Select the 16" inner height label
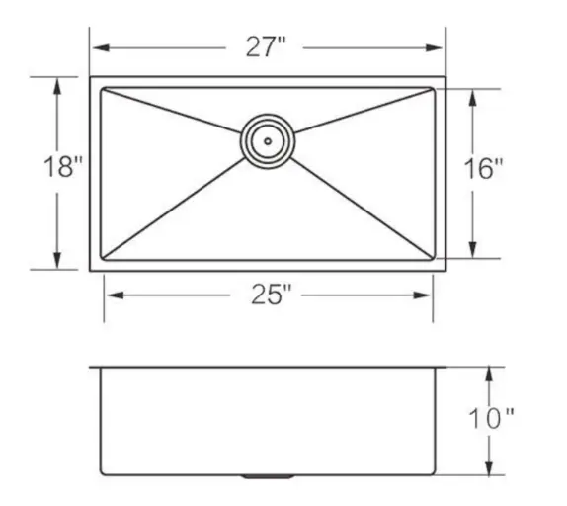coord(484,169)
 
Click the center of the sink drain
coord(266,139)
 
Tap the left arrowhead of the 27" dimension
coord(98,48)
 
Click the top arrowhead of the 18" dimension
coord(57,85)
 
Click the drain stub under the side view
coord(266,476)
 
